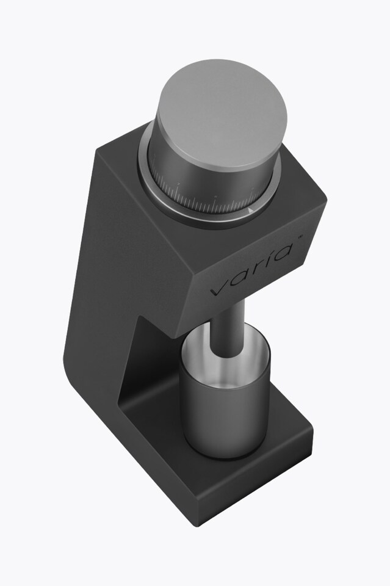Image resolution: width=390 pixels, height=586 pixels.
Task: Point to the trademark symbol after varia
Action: [x=300, y=237]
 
